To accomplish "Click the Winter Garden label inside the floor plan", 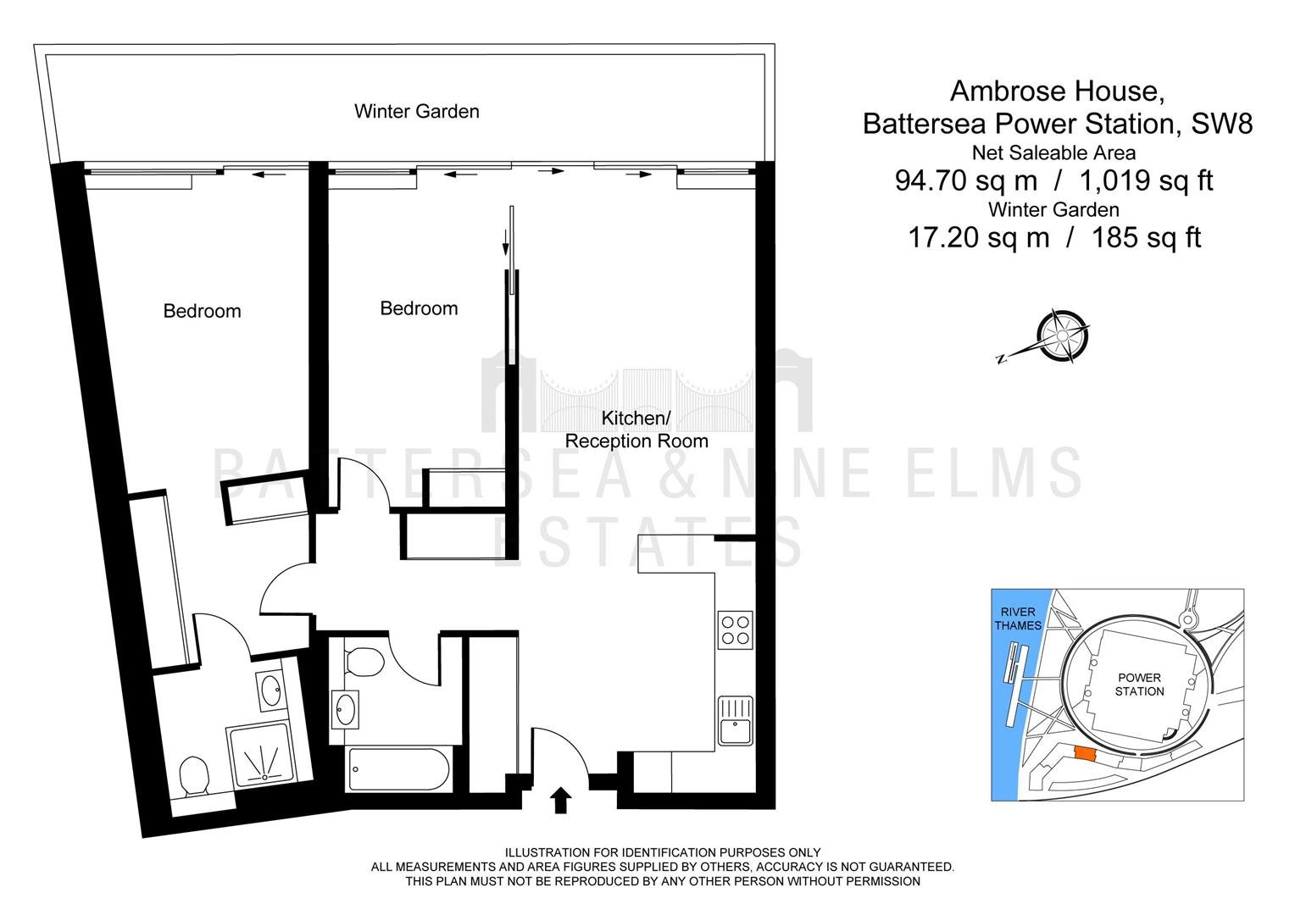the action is click(416, 111).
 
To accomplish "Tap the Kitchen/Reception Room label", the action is click(636, 429).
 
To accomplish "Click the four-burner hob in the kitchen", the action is click(736, 630).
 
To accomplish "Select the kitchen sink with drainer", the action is click(736, 721).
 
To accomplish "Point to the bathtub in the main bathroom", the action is click(399, 769).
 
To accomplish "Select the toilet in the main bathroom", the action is click(364, 661).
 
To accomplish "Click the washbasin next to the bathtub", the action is click(345, 709).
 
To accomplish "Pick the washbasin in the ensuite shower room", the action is click(270, 690).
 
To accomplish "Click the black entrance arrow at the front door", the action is click(559, 800).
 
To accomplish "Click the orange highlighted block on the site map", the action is click(1085, 754).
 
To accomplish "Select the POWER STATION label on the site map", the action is click(1139, 685).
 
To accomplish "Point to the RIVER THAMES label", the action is click(1018, 618).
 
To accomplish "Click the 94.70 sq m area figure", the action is click(966, 180).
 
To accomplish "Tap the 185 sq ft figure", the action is click(1147, 237).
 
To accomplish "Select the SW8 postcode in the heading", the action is click(1222, 124).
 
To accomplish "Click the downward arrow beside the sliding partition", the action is click(505, 242).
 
